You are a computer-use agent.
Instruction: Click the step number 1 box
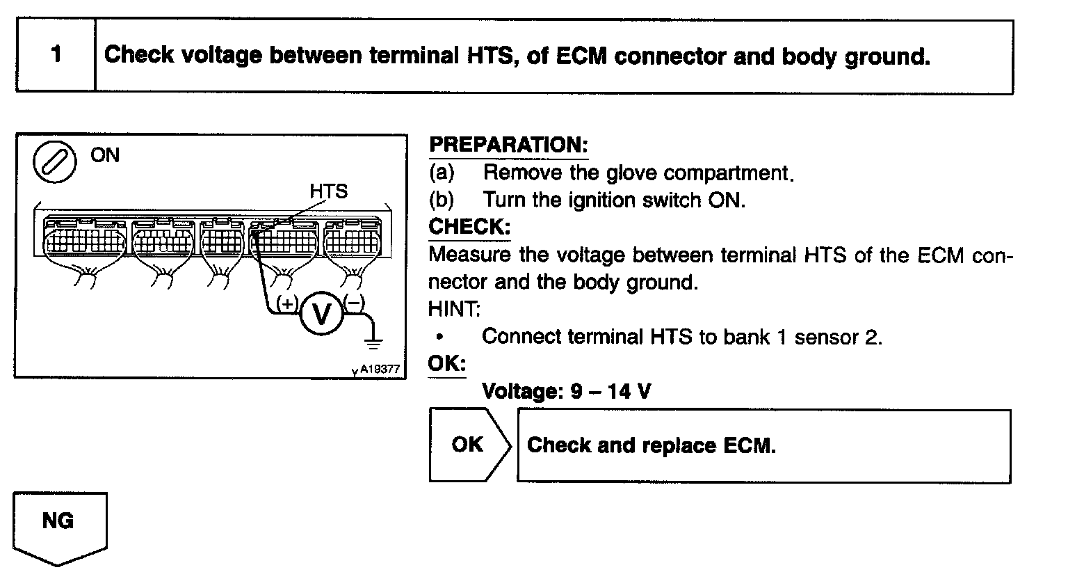pos(56,56)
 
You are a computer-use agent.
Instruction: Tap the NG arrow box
pos(60,525)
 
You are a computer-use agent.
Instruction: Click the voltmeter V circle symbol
pos(321,315)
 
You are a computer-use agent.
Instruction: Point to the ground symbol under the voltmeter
pos(374,342)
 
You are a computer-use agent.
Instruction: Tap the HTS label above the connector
pos(328,191)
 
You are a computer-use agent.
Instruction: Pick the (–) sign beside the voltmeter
pos(354,303)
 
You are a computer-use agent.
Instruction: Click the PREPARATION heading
pos(508,145)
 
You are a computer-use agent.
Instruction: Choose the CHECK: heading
pos(469,227)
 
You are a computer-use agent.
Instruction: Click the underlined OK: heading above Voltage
pos(446,364)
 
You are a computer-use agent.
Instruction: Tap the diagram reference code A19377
pos(380,369)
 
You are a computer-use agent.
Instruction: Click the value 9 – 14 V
pos(610,391)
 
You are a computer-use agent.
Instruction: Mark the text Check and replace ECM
pos(651,445)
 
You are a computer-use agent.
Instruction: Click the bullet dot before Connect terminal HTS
pos(439,337)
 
